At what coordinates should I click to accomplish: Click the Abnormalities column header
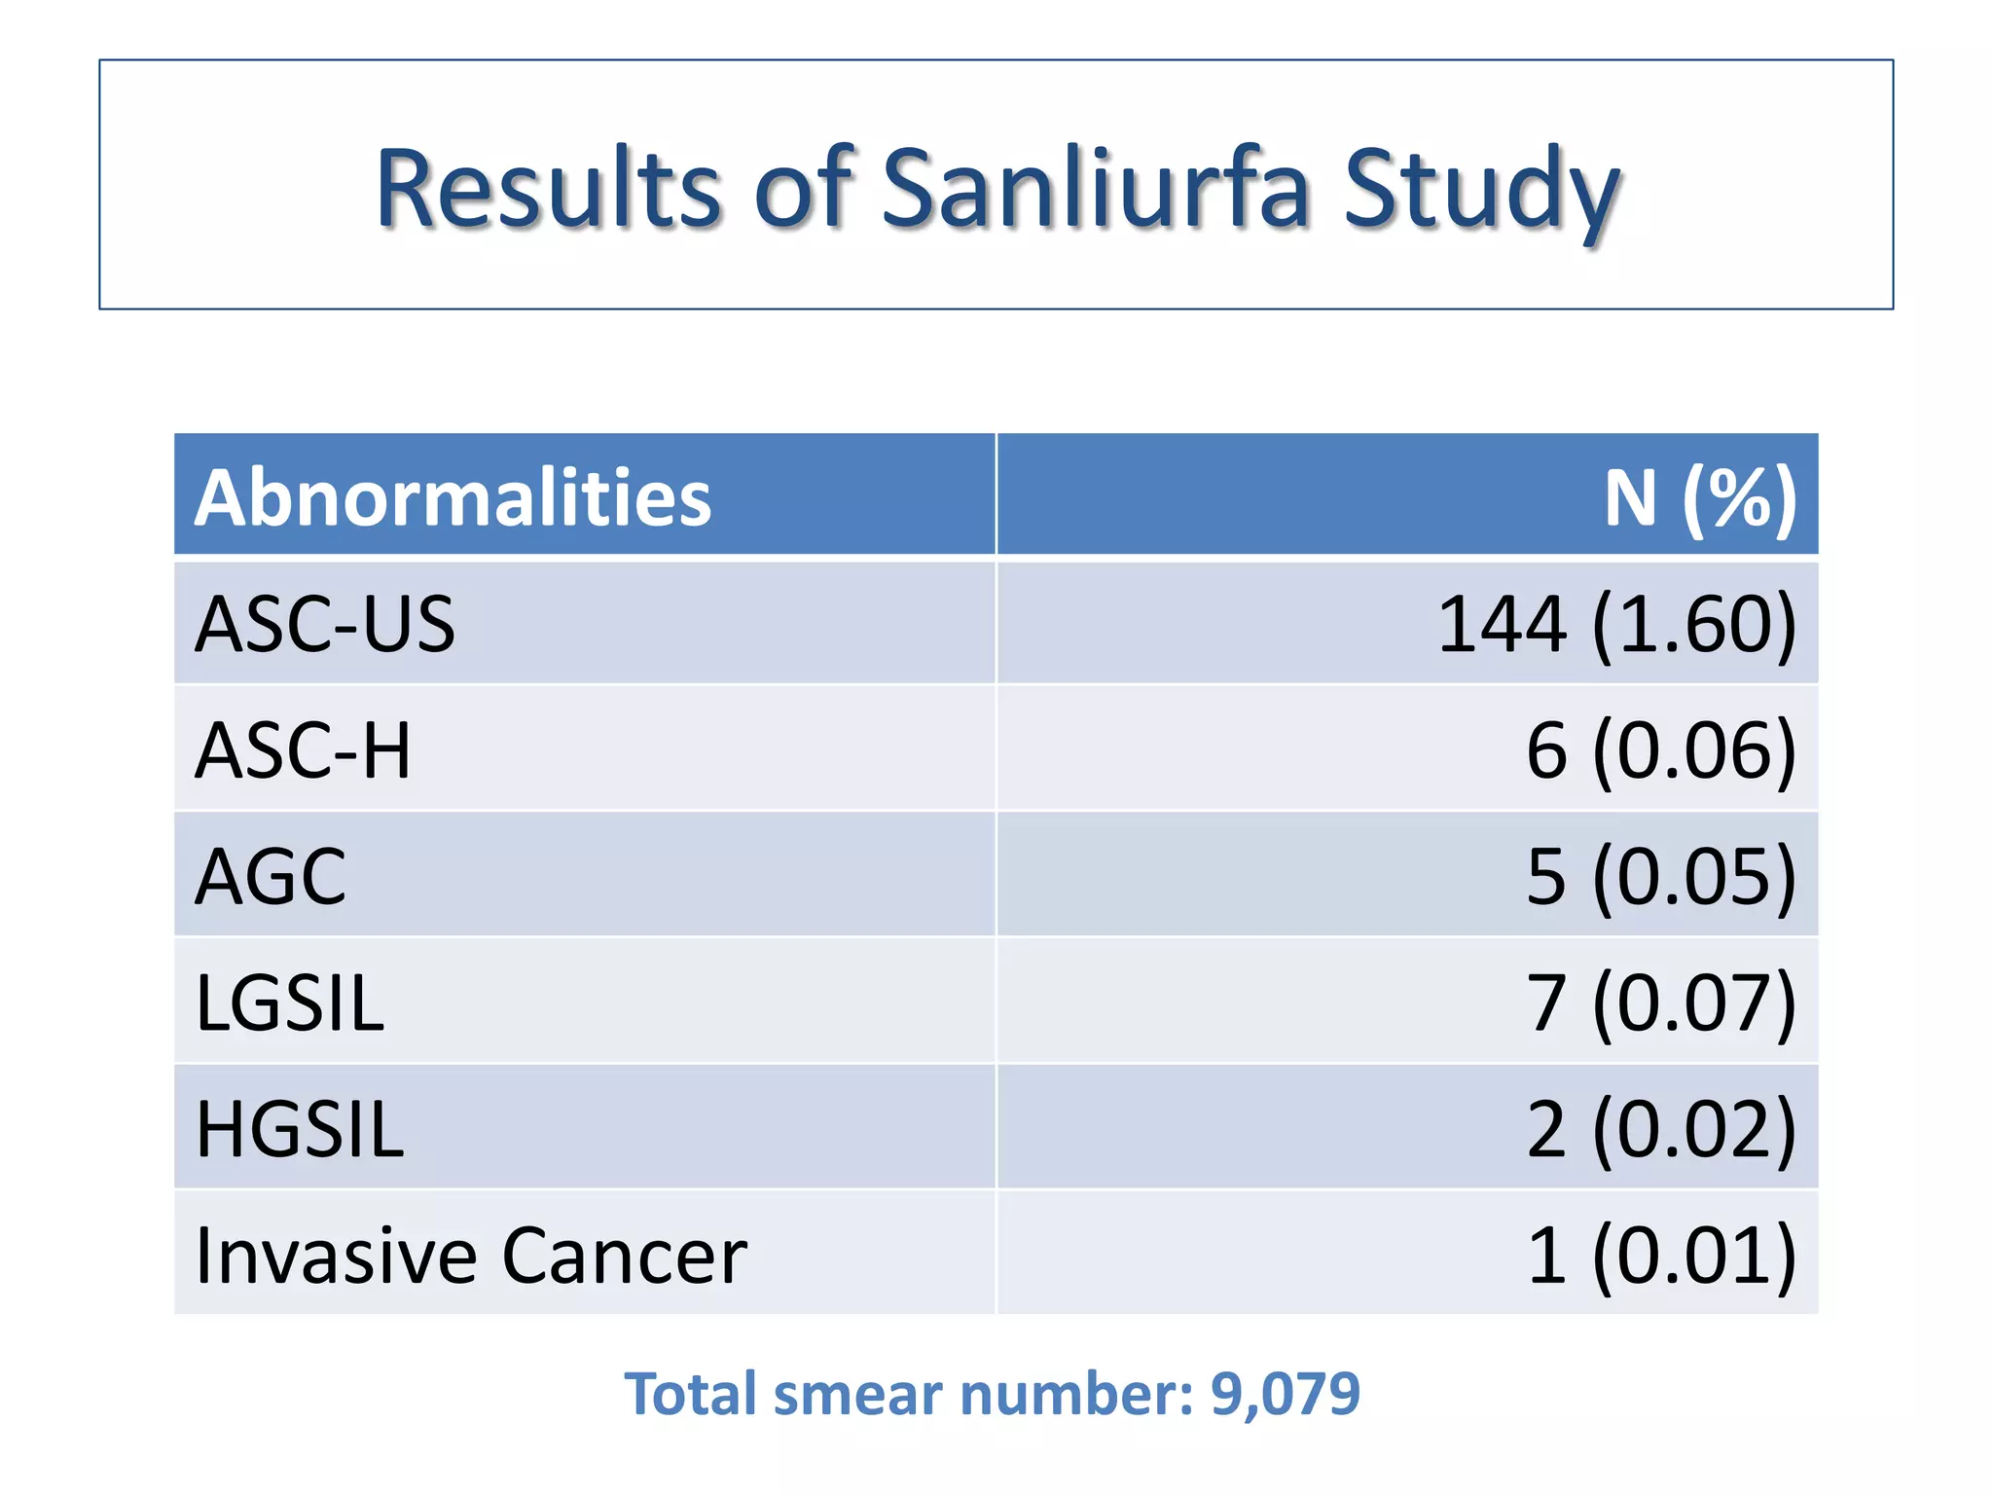pos(453,497)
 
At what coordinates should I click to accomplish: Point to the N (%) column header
pos(1699,497)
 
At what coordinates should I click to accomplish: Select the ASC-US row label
pos(325,624)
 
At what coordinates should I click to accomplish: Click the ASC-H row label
pos(303,749)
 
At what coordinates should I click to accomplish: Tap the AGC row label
pos(271,876)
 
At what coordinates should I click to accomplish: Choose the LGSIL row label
pos(290,1003)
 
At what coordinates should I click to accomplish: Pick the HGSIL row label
pos(300,1129)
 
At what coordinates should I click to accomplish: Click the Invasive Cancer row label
pos(471,1256)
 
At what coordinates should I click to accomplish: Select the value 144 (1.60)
pos(1616,624)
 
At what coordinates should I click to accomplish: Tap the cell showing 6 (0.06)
pos(1660,749)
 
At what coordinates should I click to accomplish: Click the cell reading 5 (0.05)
pos(1660,876)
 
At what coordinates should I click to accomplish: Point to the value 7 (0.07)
pos(1660,1003)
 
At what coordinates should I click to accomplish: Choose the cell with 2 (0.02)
pos(1660,1129)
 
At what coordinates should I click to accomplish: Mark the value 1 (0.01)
pos(1660,1256)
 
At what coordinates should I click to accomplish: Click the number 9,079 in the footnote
pos(1285,1395)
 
